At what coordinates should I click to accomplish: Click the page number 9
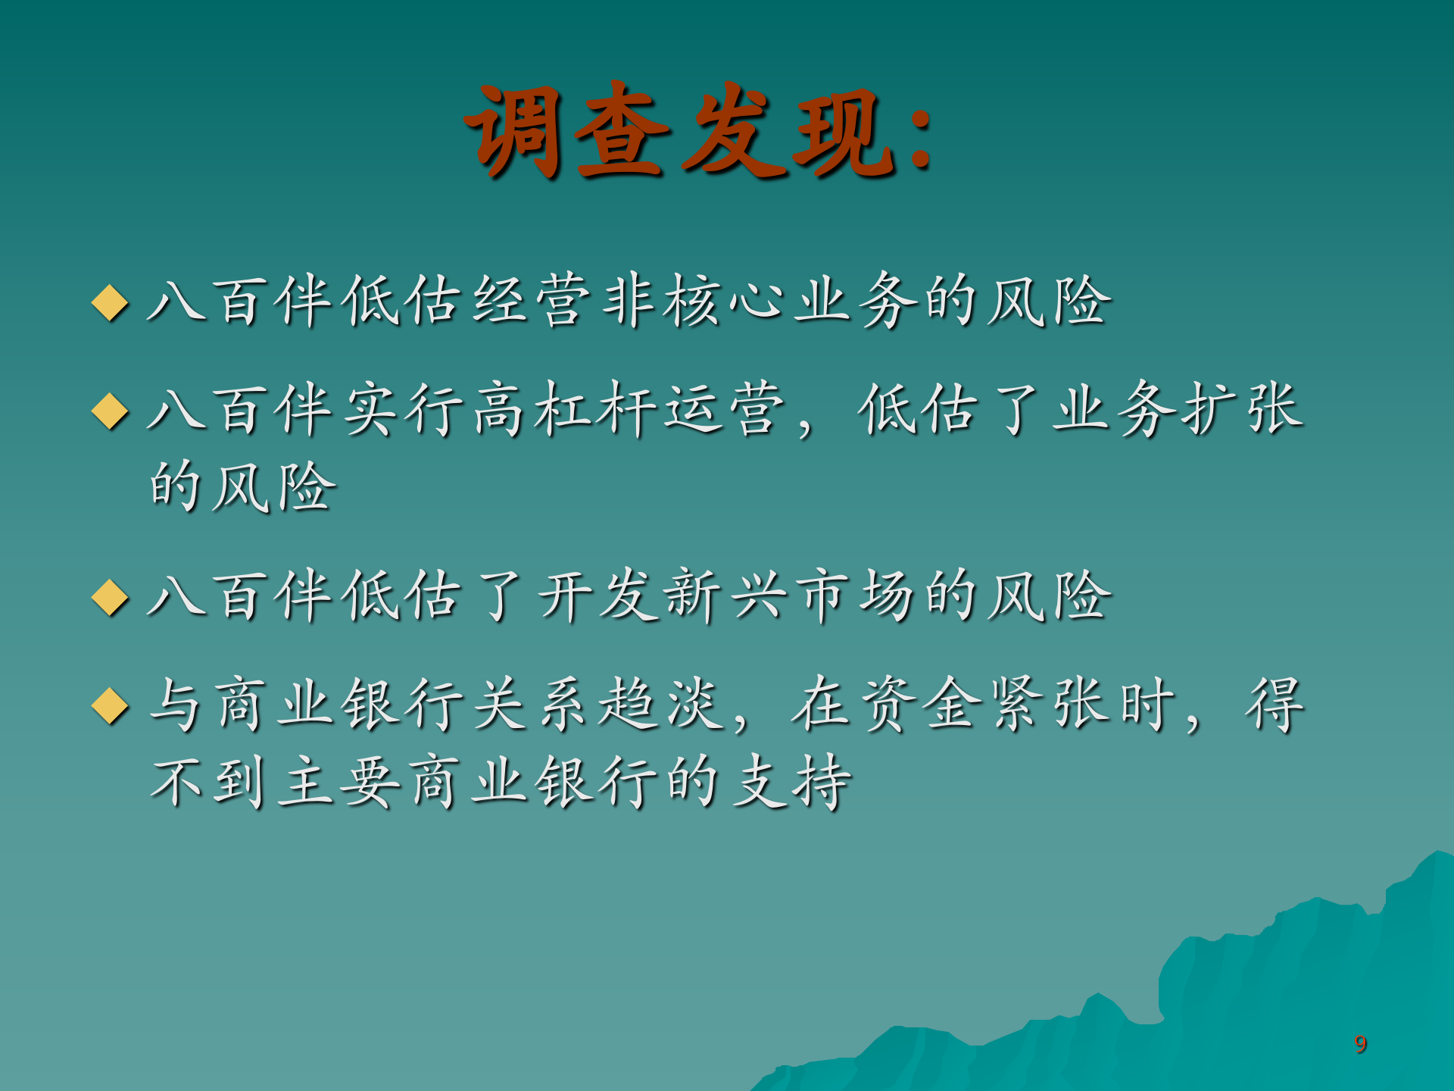point(1361,1044)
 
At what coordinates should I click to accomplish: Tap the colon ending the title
point(921,137)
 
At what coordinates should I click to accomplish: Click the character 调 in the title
point(514,132)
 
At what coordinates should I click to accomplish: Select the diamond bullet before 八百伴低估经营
point(111,302)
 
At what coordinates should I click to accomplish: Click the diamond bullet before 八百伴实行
point(111,411)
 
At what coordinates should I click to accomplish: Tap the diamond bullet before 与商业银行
point(111,705)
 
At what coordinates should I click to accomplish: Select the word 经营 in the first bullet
point(532,301)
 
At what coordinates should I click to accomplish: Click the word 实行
point(404,409)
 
